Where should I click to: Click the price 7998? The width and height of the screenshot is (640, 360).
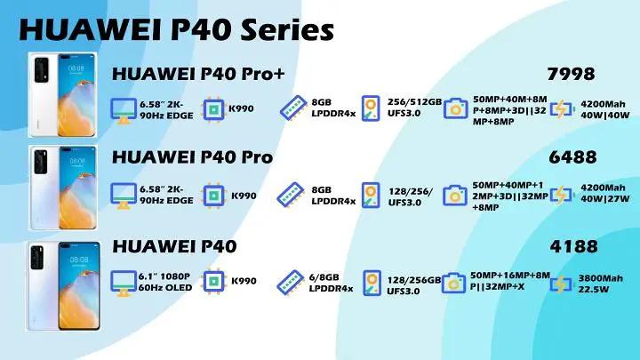(572, 74)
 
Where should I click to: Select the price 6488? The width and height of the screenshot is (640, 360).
(572, 157)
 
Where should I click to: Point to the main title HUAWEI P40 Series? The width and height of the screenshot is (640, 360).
(175, 28)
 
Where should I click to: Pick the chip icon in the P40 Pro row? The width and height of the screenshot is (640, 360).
(213, 195)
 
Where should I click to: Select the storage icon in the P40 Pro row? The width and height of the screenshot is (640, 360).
(372, 195)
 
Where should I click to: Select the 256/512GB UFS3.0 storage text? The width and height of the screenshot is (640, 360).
(415, 108)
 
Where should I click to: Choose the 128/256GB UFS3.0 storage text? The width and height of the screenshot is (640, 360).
(414, 284)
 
